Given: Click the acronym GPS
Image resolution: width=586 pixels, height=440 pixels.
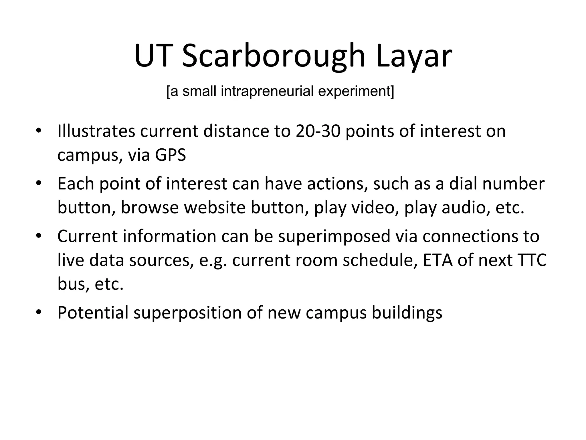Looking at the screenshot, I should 171,155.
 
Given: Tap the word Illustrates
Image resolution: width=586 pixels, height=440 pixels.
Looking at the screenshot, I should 96,131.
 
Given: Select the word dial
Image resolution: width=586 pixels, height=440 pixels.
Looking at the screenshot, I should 463,184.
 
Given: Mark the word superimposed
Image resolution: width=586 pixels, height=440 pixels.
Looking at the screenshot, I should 334,236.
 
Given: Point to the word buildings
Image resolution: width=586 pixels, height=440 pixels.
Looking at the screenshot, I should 407,313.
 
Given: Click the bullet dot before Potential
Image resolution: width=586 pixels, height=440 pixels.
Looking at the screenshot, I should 39,312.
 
